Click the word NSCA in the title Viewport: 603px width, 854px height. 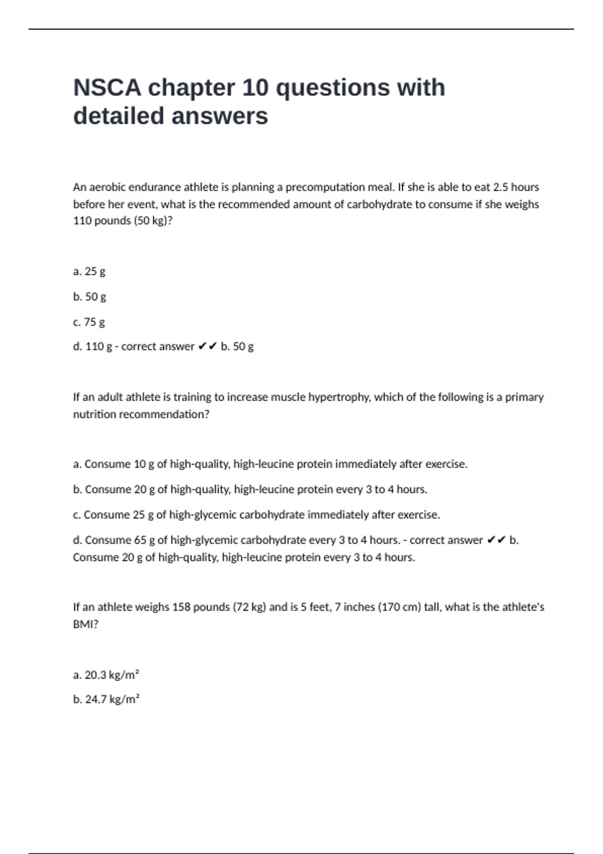107,88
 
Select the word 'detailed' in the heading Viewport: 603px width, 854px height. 119,116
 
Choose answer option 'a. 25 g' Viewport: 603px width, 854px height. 89,272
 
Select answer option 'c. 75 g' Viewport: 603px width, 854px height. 89,322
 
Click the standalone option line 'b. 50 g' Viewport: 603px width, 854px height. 89,297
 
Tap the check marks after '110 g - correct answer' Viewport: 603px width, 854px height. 208,347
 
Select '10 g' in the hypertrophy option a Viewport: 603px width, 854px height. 144,464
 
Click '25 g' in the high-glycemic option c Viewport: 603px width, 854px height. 143,515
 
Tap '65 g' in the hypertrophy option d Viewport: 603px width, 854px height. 144,540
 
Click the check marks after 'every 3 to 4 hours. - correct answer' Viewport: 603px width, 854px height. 496,540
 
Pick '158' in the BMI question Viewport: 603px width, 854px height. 181,607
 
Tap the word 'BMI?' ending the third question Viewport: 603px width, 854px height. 85,624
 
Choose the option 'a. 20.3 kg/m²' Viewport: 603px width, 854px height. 106,675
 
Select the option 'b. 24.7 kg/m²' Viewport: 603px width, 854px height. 106,699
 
